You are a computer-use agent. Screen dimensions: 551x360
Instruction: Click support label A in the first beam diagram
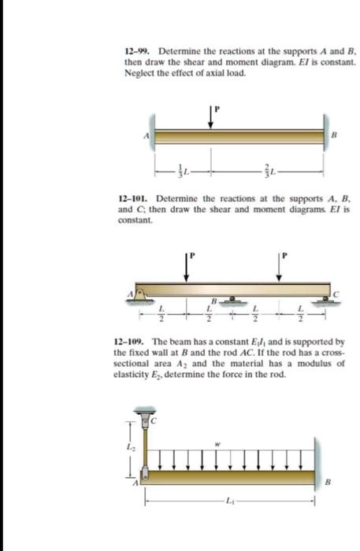(x=146, y=135)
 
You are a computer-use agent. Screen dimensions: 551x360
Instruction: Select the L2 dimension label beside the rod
(x=130, y=447)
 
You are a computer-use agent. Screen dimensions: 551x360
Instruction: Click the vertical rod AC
(x=145, y=445)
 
